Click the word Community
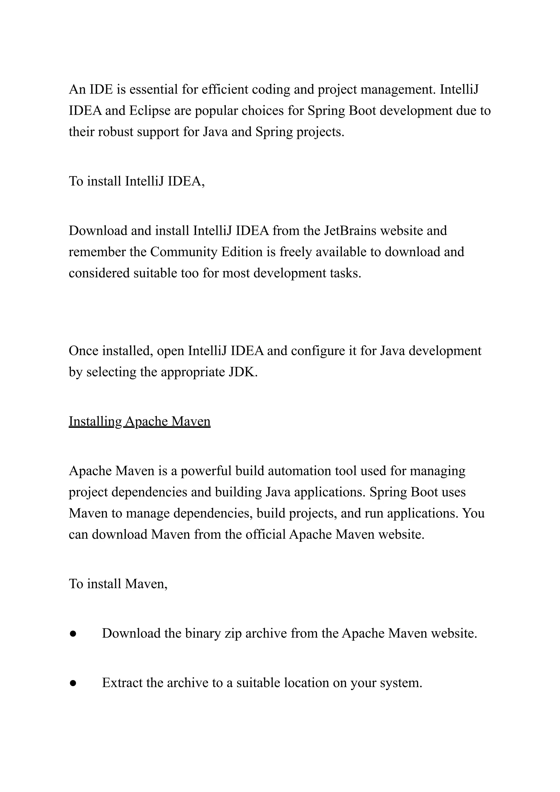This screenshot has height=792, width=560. tap(184, 252)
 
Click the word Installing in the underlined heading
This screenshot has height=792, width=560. tap(95, 421)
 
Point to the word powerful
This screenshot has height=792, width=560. tap(206, 471)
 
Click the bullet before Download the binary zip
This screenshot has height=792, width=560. tap(72, 634)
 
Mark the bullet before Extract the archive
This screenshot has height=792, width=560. tap(72, 683)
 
